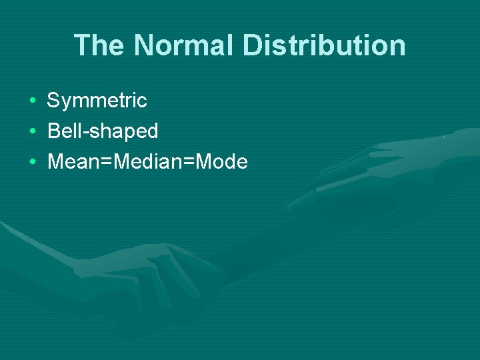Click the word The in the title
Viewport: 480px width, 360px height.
(x=99, y=45)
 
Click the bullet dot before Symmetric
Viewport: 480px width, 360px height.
(x=32, y=101)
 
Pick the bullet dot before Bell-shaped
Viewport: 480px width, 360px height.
(x=32, y=131)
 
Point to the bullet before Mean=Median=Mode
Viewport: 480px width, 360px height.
(x=32, y=162)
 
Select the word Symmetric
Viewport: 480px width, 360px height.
(x=97, y=101)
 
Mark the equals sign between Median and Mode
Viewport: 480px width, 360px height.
(x=187, y=163)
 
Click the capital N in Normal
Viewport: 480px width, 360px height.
(x=143, y=45)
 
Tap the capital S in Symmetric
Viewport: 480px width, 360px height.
(x=53, y=101)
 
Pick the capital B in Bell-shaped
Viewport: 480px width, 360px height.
(x=53, y=131)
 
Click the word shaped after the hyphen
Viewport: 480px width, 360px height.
(x=123, y=132)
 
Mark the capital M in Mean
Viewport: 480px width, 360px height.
(x=55, y=162)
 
